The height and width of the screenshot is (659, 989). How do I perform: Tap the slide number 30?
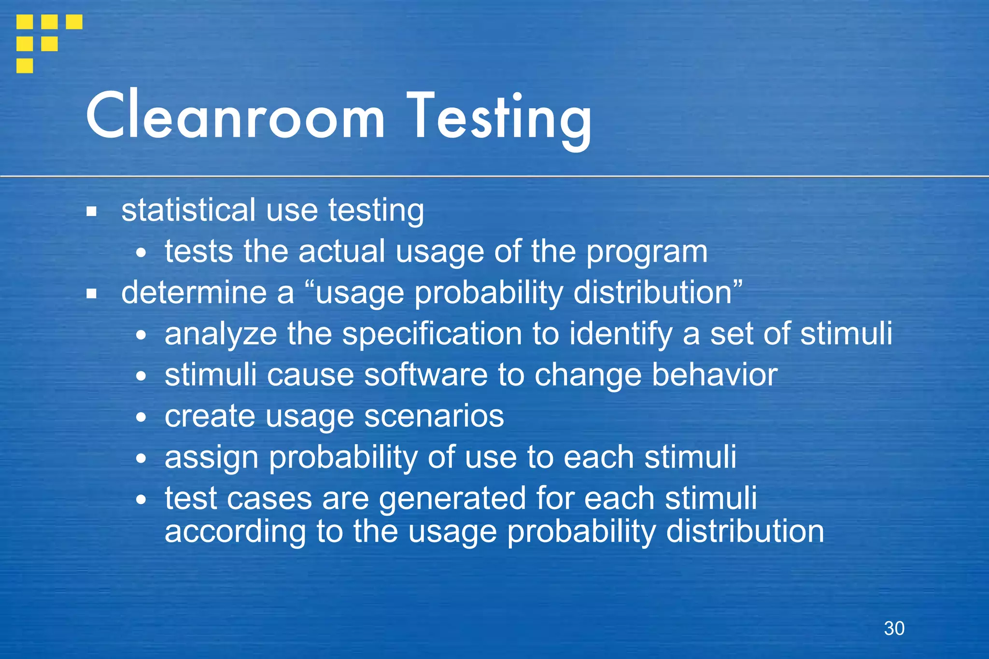click(x=894, y=628)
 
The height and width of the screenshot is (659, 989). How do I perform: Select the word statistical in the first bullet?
click(x=188, y=210)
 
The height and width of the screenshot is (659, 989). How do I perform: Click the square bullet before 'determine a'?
click(x=91, y=294)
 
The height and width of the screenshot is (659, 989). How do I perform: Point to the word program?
click(x=647, y=252)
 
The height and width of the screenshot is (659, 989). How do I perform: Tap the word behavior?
click(x=714, y=375)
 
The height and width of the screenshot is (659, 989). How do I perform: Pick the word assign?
click(x=212, y=458)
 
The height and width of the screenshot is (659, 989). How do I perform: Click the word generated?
click(x=452, y=499)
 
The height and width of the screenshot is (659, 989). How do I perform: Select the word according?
click(x=235, y=532)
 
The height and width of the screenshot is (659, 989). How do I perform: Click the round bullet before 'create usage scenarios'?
click(x=141, y=417)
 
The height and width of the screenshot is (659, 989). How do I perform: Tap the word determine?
click(x=194, y=293)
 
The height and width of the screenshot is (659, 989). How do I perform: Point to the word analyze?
click(x=221, y=335)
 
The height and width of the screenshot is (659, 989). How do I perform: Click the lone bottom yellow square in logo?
click(x=25, y=66)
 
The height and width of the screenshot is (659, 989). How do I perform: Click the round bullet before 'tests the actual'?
click(x=141, y=252)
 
